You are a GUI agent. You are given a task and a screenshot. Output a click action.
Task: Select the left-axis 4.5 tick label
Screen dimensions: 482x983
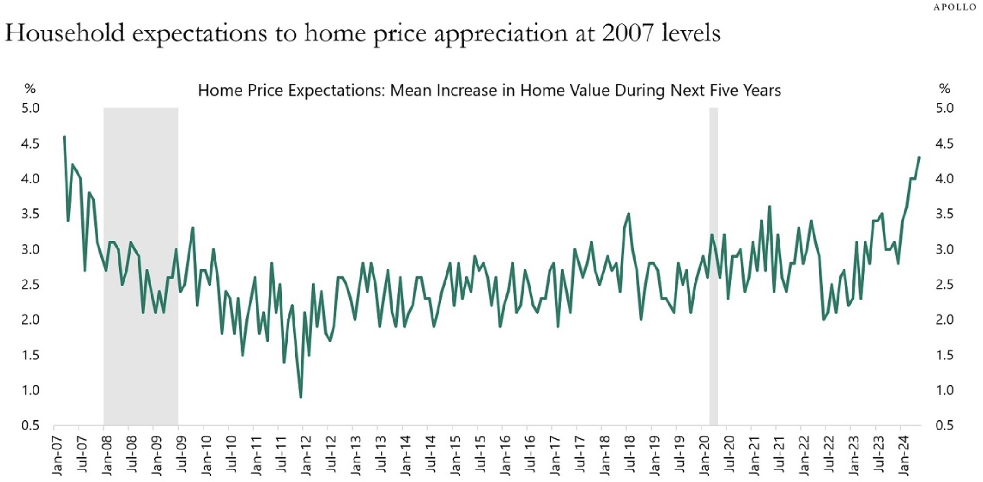click(x=30, y=143)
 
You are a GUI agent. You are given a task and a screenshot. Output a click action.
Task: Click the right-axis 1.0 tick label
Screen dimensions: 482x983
click(x=944, y=390)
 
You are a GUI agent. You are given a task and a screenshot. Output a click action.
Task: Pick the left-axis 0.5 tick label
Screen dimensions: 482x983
click(x=30, y=425)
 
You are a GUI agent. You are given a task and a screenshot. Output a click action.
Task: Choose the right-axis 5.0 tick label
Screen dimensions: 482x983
click(x=944, y=108)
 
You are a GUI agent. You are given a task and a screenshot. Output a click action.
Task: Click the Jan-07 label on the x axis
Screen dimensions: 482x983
click(x=58, y=456)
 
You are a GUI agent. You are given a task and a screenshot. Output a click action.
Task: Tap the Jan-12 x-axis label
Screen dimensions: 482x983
click(x=306, y=456)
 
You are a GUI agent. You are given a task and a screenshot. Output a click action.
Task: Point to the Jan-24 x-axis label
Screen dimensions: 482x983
click(x=904, y=456)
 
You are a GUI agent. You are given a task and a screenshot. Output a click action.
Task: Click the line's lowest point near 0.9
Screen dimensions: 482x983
click(x=301, y=397)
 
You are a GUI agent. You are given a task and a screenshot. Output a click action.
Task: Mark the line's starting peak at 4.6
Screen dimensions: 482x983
click(x=64, y=137)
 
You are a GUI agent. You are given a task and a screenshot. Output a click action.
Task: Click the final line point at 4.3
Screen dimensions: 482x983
click(x=919, y=158)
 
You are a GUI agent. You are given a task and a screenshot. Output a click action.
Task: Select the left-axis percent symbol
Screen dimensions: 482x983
click(x=30, y=88)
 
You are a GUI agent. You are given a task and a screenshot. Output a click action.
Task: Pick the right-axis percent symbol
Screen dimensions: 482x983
click(x=944, y=88)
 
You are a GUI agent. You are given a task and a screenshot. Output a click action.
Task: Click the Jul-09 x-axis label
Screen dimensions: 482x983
click(x=182, y=456)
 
